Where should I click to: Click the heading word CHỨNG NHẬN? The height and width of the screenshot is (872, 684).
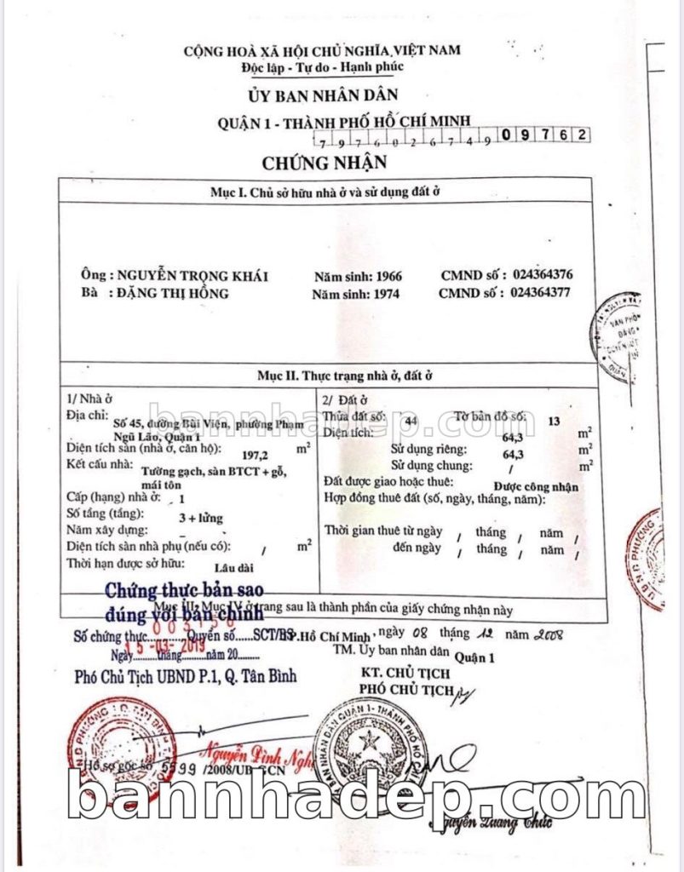pos(325,162)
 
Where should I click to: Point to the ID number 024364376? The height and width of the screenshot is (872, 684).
pos(543,275)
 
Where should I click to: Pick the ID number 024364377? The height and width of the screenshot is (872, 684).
pos(542,292)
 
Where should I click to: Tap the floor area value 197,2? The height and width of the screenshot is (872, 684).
pos(256,456)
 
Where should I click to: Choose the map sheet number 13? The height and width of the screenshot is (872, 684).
pos(556,421)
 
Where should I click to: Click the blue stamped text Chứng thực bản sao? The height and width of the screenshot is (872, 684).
pos(184,590)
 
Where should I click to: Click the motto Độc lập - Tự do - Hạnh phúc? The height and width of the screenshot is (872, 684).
pos(322,66)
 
